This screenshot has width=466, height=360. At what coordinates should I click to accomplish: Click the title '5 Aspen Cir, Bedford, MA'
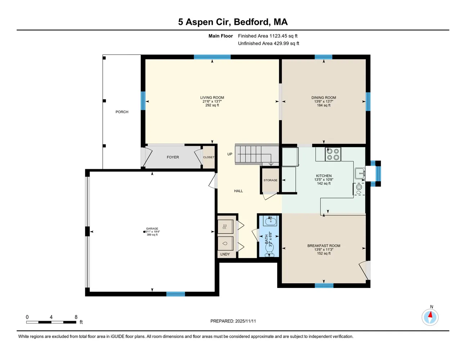[x=233, y=22]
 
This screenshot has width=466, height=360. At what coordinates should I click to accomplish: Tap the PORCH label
[x=122, y=112]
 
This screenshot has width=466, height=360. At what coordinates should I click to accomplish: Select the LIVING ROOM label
[x=212, y=98]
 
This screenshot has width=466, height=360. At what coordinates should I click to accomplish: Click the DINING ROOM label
[x=323, y=98]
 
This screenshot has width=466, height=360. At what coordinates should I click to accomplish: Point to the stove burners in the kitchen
[x=333, y=154]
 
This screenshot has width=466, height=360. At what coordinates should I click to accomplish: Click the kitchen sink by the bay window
[x=360, y=174]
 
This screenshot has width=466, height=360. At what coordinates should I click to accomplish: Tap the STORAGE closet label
[x=270, y=180]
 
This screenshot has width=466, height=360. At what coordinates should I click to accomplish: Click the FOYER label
[x=173, y=157]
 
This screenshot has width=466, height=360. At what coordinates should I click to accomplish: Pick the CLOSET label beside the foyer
[x=209, y=157]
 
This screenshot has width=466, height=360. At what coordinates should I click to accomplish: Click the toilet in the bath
[x=270, y=248]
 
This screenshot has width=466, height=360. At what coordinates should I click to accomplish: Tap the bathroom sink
[x=269, y=221]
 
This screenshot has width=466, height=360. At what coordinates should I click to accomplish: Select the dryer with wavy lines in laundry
[x=225, y=227]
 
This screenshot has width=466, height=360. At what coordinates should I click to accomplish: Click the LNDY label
[x=225, y=254]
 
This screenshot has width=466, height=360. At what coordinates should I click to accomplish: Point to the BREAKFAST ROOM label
[x=324, y=246]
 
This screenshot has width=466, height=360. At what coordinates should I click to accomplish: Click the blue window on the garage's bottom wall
[x=175, y=294]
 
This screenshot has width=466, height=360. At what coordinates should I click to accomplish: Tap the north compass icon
[x=430, y=317]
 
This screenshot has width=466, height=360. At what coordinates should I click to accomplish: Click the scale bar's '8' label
[x=76, y=317]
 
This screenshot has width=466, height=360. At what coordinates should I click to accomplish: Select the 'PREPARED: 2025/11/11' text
[x=233, y=321]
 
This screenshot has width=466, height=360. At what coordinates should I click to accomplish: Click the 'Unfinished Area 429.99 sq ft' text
[x=268, y=44]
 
